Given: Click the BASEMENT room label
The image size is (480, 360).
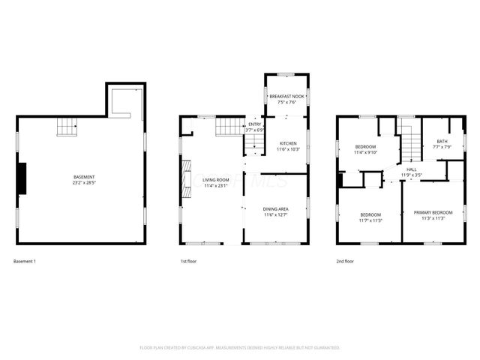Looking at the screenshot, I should (79, 178).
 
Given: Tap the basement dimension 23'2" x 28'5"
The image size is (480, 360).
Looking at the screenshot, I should (79, 183).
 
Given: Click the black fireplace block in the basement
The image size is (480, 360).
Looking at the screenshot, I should (22, 178).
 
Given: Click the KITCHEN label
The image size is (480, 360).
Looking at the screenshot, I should (288, 142).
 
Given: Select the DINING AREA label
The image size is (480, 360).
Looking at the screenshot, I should (276, 209).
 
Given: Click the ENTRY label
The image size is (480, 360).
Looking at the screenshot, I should (255, 124).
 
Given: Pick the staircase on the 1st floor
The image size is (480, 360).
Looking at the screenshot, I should (229, 126).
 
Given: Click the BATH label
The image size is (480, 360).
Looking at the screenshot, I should (442, 141).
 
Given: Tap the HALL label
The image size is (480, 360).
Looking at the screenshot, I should (412, 169).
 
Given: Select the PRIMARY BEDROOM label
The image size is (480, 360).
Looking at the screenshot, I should (433, 213).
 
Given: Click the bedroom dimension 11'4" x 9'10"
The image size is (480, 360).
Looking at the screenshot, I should (366, 152).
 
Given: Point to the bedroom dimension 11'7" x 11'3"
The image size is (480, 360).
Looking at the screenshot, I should (370, 220).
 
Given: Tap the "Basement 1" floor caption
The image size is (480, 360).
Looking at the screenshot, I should (25, 261).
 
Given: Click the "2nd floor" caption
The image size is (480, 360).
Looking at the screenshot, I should (345, 261).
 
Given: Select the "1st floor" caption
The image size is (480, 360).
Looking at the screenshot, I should (188, 261).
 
